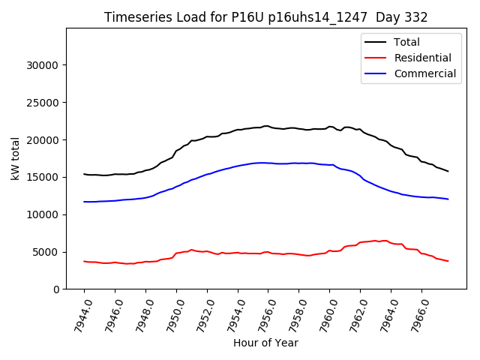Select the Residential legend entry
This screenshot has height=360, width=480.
(423, 58)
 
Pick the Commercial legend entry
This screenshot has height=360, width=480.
(425, 73)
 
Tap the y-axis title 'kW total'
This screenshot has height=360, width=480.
(15, 159)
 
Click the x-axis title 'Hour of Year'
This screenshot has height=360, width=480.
(265, 343)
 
